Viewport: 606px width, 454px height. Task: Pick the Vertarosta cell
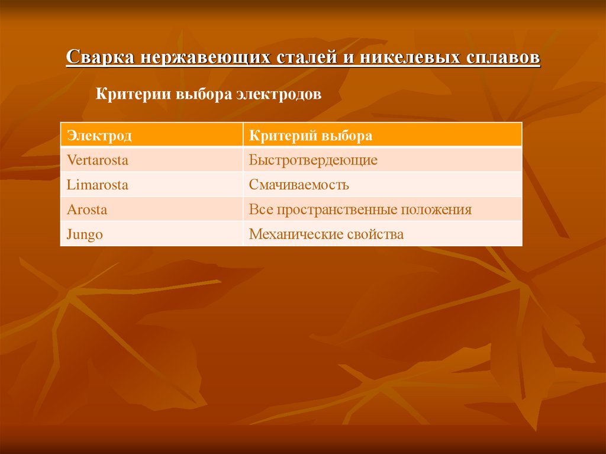pyautogui.click(x=97, y=160)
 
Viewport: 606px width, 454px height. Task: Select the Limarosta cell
pyautogui.click(x=97, y=185)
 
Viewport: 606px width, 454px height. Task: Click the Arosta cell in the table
pyautogui.click(x=87, y=210)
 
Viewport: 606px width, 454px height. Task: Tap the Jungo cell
pyautogui.click(x=85, y=234)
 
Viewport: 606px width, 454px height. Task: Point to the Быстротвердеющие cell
pyautogui.click(x=312, y=160)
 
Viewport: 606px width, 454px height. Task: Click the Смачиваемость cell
pyautogui.click(x=298, y=185)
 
